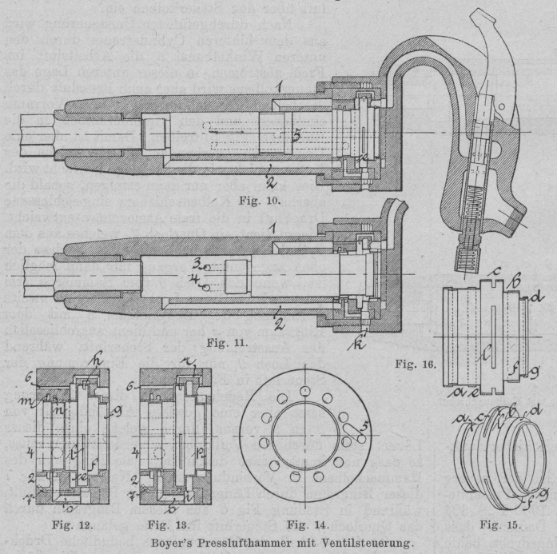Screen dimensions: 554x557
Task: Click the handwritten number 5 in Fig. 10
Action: (x=295, y=137)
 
